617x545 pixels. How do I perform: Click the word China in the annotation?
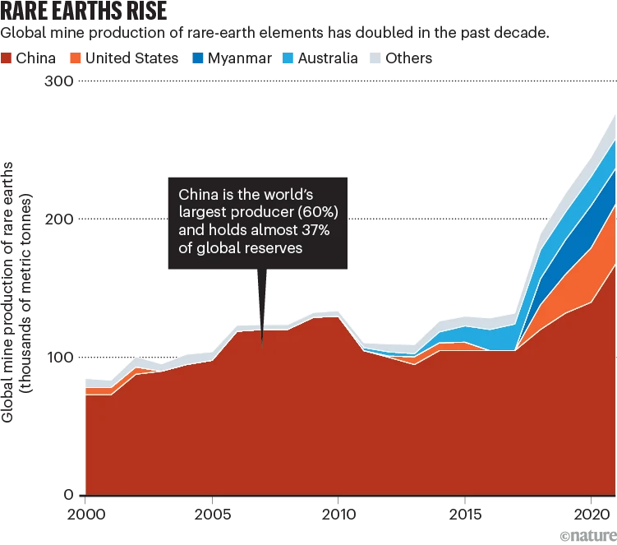coord(197,195)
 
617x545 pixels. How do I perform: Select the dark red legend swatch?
coord(7,59)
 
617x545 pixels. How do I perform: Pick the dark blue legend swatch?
coord(197,59)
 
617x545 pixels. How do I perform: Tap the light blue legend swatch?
coord(290,59)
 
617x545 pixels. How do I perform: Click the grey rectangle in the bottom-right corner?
coord(587,536)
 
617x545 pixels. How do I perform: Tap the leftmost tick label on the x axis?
coord(85,513)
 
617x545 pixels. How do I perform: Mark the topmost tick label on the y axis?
coord(58,82)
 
